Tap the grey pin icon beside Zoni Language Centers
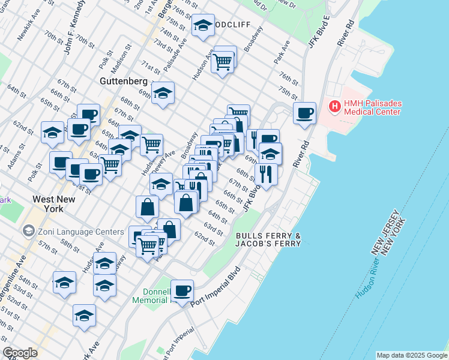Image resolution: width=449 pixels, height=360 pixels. (x=28, y=230)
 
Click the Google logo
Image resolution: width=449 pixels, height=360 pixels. (x=20, y=353)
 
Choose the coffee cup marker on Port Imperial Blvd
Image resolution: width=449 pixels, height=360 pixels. (x=182, y=291)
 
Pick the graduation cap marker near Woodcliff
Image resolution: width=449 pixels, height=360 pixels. (x=203, y=26)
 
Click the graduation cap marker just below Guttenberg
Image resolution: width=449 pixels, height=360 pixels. (x=163, y=93)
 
